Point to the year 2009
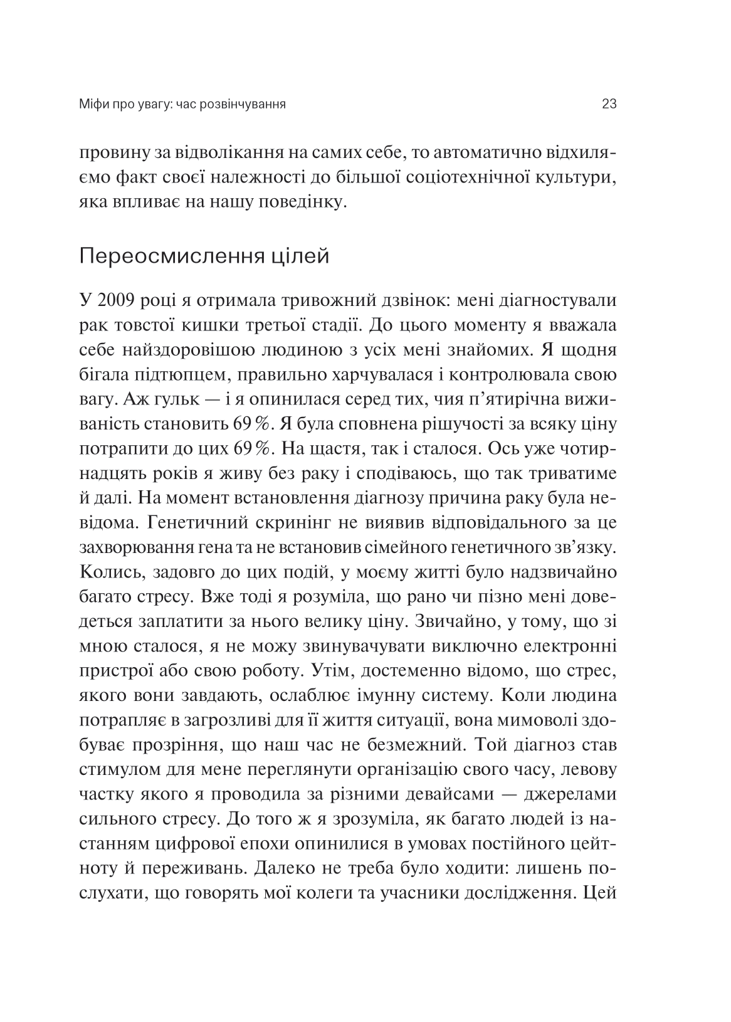coord(116,301)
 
